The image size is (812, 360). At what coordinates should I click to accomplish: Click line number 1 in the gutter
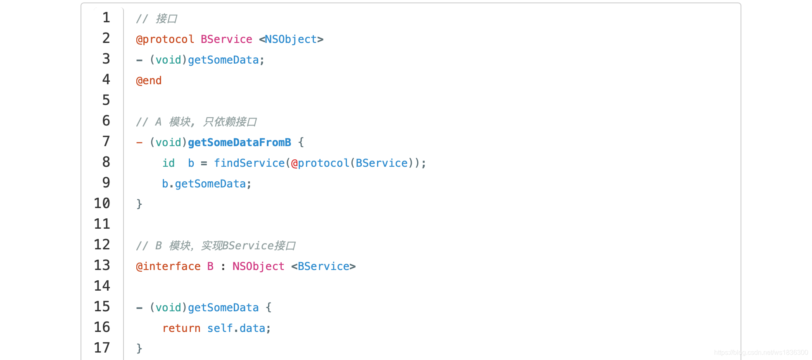[x=106, y=18]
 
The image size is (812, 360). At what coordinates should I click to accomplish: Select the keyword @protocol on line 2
[x=165, y=39]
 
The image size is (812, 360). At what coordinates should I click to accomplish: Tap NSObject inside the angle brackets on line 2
[x=291, y=39]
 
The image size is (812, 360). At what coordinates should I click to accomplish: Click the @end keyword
[x=149, y=81]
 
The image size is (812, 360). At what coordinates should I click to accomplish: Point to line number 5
[x=106, y=100]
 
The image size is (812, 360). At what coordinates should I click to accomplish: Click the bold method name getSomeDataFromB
[x=239, y=142]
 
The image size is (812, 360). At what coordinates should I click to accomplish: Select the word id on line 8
[x=169, y=163]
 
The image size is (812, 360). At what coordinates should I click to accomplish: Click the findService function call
[x=249, y=163]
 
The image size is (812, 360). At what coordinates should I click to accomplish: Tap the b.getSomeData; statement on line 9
[x=207, y=184]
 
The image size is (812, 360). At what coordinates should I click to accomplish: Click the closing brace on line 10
[x=139, y=204]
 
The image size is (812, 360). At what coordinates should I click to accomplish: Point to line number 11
[x=102, y=224]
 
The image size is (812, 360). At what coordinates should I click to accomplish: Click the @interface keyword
[x=168, y=266]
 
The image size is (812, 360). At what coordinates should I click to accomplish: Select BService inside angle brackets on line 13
[x=323, y=266]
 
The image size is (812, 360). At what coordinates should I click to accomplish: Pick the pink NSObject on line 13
[x=258, y=266]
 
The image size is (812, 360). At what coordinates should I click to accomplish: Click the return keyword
[x=181, y=328]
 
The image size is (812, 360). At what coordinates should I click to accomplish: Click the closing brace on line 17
[x=139, y=348]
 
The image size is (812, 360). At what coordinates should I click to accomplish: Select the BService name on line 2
[x=226, y=39]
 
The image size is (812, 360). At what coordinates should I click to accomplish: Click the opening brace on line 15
[x=268, y=308]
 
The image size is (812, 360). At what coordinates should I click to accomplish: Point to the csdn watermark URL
[x=761, y=353]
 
